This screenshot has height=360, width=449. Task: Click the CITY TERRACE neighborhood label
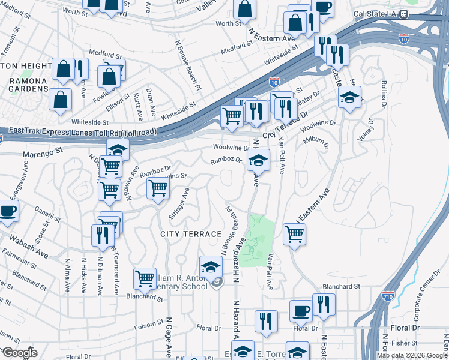click(x=191, y=233)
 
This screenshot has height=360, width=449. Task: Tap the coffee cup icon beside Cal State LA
click(x=323, y=8)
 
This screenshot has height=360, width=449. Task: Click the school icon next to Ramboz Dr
click(x=259, y=160)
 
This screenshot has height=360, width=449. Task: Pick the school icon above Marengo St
click(x=118, y=149)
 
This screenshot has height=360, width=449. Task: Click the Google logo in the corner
click(x=19, y=353)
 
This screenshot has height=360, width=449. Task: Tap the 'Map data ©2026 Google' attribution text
click(x=412, y=355)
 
